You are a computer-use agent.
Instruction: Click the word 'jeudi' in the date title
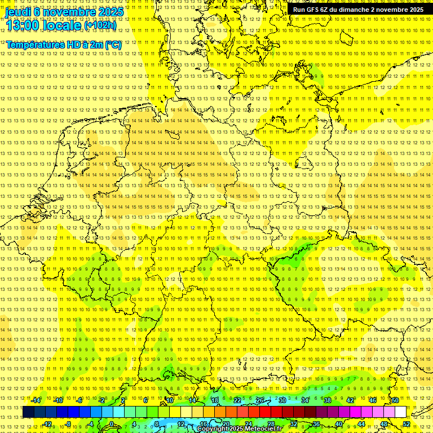click(x=18, y=11)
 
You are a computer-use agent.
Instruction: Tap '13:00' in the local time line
click(x=23, y=25)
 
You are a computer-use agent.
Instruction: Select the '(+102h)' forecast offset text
click(x=100, y=25)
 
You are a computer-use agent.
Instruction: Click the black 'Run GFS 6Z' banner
click(x=359, y=10)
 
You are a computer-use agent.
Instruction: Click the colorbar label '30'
click(x=282, y=400)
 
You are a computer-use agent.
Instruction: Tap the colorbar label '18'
click(x=215, y=400)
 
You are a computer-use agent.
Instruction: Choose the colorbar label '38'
click(x=328, y=400)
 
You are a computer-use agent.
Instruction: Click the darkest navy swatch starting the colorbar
click(x=28, y=412)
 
